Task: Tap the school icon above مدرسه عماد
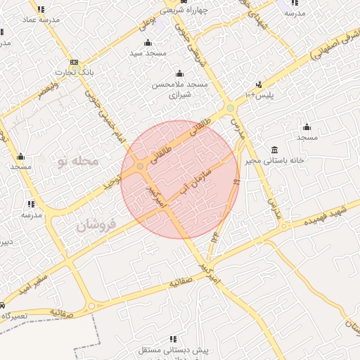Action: pyautogui.click(x=41, y=9)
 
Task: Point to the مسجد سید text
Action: pyautogui.click(x=148, y=53)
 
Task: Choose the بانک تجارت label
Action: pyautogui.click(x=77, y=72)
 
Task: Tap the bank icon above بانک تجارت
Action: pyautogui.click(x=67, y=62)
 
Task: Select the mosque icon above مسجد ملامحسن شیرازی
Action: pyautogui.click(x=180, y=73)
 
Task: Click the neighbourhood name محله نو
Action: pyautogui.click(x=77, y=162)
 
